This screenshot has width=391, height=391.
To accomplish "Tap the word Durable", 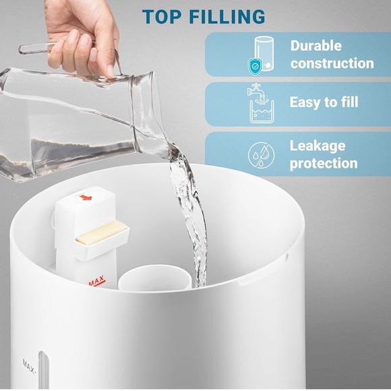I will pyautogui.click(x=315, y=47).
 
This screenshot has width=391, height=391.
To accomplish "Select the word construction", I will pyautogui.click(x=332, y=64).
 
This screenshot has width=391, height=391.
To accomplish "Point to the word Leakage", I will pyautogui.click(x=318, y=146).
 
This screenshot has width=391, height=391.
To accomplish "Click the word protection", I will pyautogui.click(x=324, y=163).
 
